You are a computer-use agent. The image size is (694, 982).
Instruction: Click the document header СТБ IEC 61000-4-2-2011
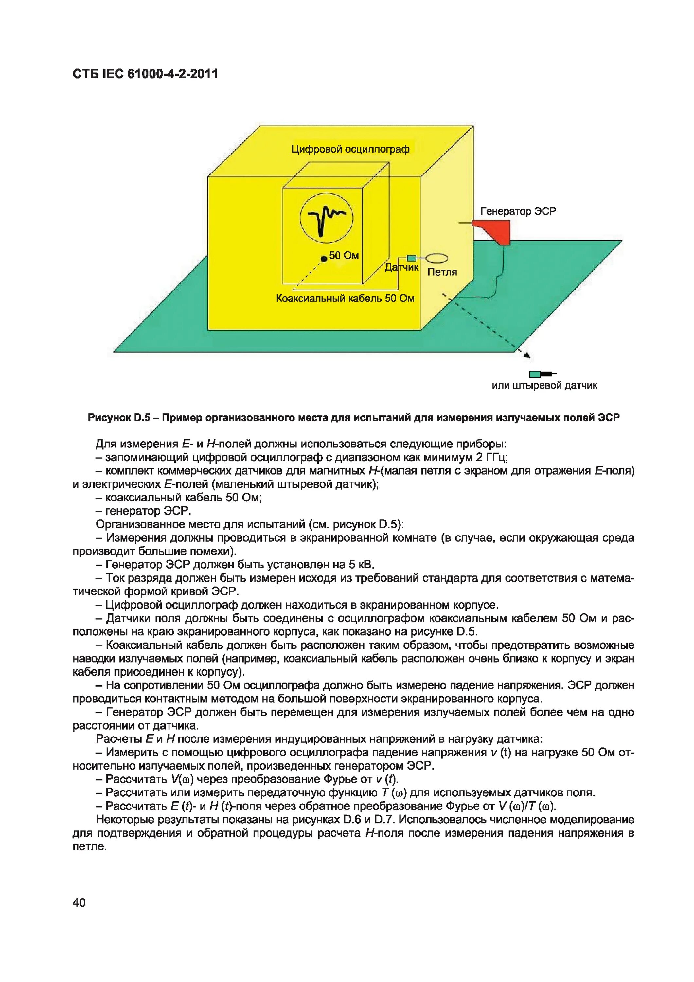(145, 74)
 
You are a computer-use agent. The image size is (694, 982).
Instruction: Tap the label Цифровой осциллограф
(350, 149)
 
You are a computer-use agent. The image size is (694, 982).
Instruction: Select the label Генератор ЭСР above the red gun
(518, 211)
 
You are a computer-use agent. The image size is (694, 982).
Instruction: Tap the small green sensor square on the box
(411, 258)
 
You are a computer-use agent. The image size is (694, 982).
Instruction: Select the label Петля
(442, 272)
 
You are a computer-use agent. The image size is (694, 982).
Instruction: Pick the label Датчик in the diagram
(401, 268)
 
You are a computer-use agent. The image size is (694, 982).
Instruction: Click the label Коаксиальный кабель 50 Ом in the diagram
(345, 298)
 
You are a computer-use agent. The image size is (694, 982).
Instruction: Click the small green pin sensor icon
(535, 374)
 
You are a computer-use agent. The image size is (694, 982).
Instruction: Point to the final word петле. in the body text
(89, 846)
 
